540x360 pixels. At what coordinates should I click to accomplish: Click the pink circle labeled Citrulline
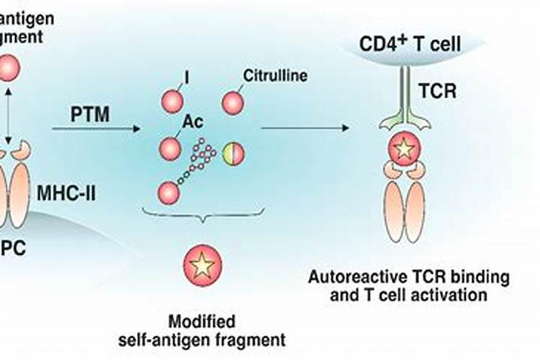coord(233,102)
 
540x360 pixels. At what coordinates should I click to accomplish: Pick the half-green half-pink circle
coord(233,153)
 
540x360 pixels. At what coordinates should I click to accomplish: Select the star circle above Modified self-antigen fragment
coord(202,265)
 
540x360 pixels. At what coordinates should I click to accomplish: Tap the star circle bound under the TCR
coord(403,150)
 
